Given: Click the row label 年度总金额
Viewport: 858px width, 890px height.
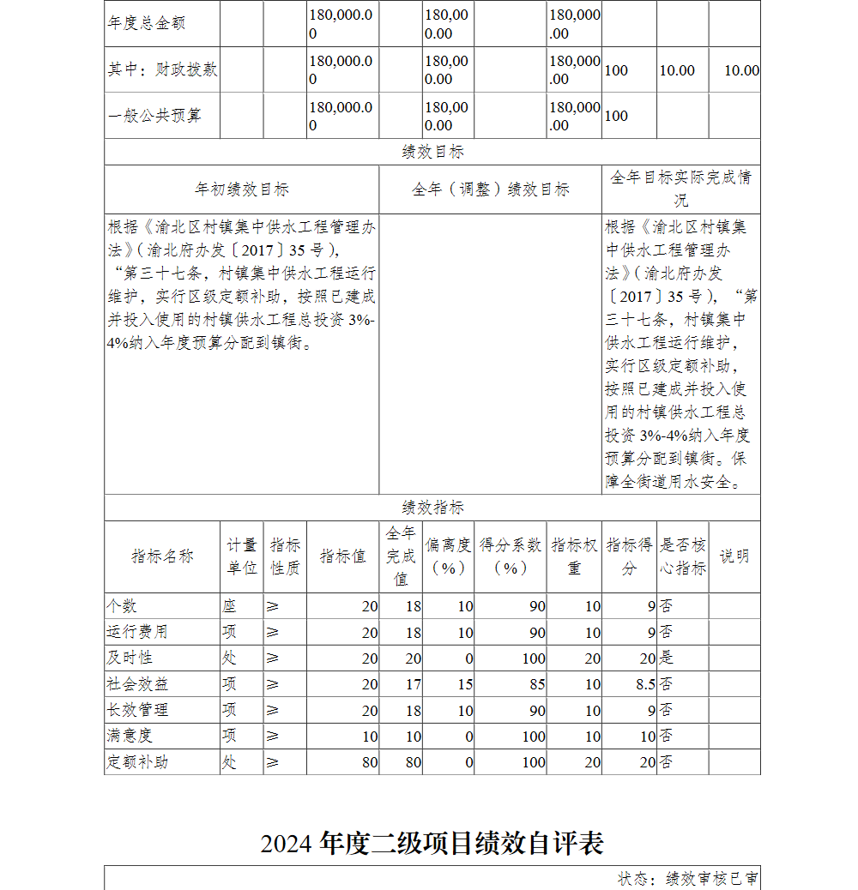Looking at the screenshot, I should point(145,23).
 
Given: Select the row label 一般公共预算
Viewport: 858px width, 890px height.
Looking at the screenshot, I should point(154,116).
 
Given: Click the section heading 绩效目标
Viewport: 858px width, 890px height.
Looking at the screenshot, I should point(432,152).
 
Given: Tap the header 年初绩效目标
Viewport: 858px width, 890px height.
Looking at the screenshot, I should point(241,189).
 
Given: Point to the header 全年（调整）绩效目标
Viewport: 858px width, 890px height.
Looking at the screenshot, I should point(490,189).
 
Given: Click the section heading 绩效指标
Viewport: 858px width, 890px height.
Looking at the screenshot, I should point(432,508).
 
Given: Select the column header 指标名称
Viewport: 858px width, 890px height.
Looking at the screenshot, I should point(162,556).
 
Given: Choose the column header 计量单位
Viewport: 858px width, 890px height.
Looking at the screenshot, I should point(241,556).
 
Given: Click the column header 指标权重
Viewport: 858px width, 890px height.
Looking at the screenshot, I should point(575,556).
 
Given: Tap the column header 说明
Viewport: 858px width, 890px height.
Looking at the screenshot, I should point(734,556).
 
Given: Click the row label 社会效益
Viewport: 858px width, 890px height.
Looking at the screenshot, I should point(137,684).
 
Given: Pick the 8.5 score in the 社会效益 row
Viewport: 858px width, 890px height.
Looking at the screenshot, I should point(645,684).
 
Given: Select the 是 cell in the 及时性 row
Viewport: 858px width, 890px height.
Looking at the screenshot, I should point(666,658).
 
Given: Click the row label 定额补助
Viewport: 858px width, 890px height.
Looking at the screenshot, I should point(137,761).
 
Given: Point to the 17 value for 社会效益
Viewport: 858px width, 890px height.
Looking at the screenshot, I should point(413,684).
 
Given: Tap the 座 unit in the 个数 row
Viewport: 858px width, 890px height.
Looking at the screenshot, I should point(229,606).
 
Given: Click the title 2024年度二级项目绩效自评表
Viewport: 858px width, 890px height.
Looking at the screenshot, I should point(432,844).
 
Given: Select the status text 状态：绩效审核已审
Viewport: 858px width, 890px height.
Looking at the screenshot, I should point(687,879).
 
